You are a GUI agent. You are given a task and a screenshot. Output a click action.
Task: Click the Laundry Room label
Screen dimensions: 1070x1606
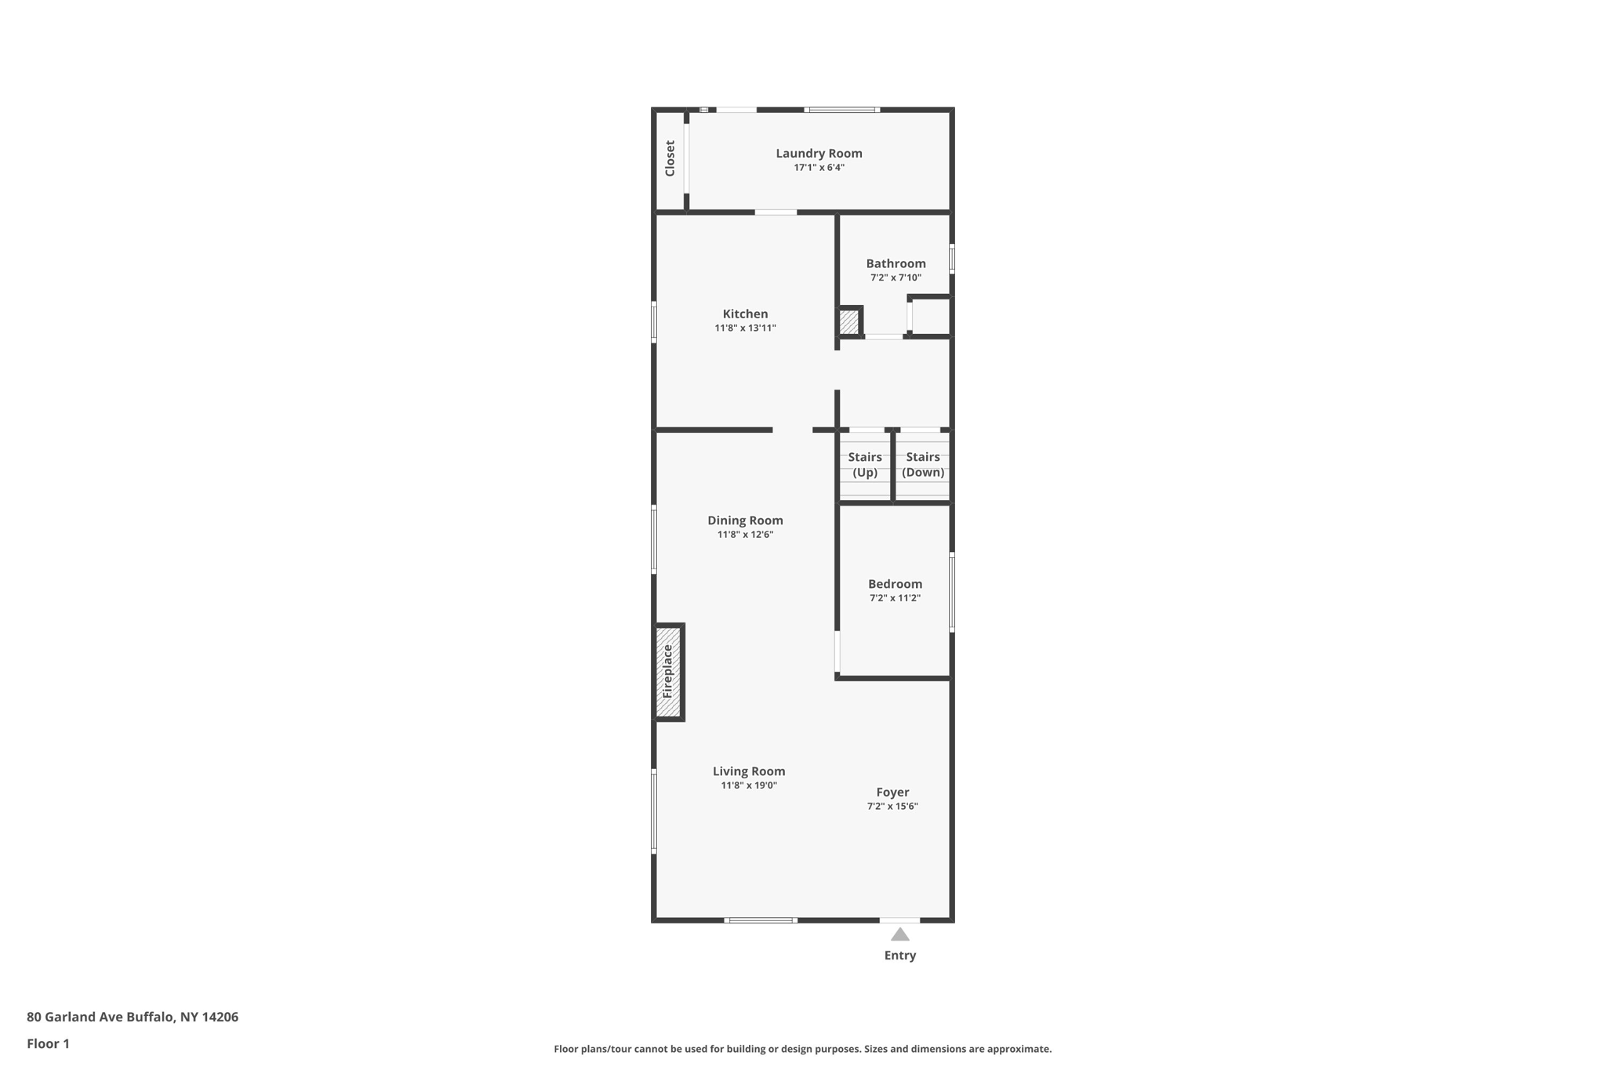click(x=819, y=154)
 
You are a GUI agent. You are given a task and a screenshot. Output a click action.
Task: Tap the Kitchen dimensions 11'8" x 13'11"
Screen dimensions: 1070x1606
click(x=745, y=328)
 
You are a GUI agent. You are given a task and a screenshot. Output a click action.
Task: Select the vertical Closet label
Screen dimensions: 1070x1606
click(x=670, y=158)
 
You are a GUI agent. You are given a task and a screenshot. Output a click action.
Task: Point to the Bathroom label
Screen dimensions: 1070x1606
click(x=896, y=263)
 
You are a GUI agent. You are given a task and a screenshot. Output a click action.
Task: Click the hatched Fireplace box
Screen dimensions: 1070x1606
click(x=668, y=672)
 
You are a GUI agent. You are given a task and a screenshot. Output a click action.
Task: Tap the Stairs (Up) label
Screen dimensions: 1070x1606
click(x=865, y=464)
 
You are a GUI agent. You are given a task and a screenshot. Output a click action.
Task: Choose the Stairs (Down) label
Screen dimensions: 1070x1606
click(x=923, y=464)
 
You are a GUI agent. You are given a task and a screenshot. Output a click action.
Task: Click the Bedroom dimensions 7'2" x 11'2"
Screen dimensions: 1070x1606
click(x=895, y=598)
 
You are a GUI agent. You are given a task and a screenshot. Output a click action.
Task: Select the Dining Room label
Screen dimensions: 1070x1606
click(x=745, y=520)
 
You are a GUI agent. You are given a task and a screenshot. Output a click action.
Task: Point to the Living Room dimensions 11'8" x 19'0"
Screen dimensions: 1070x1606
click(x=749, y=785)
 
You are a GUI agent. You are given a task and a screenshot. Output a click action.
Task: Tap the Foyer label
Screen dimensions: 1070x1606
click(x=892, y=793)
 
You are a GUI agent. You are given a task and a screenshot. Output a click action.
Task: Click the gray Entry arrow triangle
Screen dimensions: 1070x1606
click(x=900, y=934)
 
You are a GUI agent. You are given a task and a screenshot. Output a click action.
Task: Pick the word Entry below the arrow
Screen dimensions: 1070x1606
click(x=900, y=956)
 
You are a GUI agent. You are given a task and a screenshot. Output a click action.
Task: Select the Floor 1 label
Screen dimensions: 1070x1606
click(x=48, y=1043)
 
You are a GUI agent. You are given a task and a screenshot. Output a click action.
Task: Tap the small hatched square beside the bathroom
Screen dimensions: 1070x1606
click(x=849, y=322)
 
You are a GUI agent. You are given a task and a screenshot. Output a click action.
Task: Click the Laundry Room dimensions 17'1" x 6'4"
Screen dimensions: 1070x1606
click(x=819, y=168)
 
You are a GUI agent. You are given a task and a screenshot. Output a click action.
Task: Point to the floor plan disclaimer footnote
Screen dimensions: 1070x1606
click(x=802, y=1049)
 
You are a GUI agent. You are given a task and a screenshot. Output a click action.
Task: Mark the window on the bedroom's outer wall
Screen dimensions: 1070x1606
click(x=952, y=592)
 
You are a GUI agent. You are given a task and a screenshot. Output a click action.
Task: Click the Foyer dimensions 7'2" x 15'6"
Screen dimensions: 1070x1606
click(x=892, y=807)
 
